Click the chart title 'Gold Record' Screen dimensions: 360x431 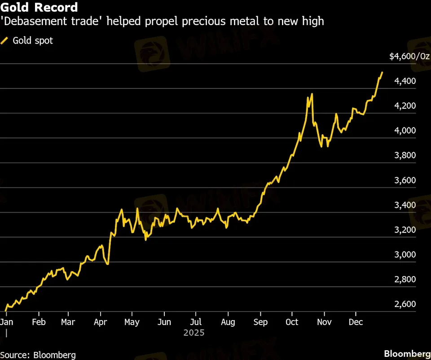coord(39,8)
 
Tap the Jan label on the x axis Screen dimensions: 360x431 coord(7,322)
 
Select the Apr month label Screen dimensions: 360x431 coord(100,322)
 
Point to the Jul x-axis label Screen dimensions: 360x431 coord(195,322)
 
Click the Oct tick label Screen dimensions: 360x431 coord(292,322)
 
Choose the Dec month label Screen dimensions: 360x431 coord(356,322)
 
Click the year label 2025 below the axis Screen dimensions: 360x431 coord(194,333)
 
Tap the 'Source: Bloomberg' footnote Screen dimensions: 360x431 coord(38,355)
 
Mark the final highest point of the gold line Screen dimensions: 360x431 coord(382,72)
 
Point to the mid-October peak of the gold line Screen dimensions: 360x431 coord(312,94)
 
